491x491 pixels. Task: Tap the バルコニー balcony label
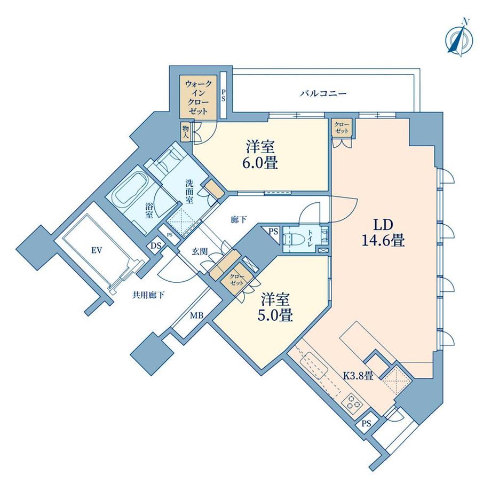pos(323,93)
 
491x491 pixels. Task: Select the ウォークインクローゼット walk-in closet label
pos(199,97)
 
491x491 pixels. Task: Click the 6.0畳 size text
pos(260,163)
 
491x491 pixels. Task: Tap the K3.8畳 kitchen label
pos(358,375)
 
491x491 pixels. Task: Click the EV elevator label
pos(97,250)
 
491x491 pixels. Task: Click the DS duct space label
pos(156,246)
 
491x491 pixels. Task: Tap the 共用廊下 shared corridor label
pos(148,295)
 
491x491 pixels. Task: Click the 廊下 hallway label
pos(239,220)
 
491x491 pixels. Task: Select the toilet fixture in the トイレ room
pos(292,240)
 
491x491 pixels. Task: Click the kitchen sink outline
pos(314,366)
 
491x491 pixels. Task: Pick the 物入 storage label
pos(186,132)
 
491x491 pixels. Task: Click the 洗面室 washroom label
pos(189,192)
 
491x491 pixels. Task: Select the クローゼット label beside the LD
pos(342,128)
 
